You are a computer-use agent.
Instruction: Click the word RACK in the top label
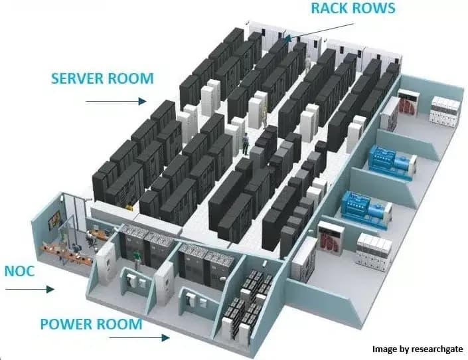pos(330,8)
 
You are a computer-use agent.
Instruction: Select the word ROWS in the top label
pos(374,8)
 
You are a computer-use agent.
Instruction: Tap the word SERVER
pos(78,78)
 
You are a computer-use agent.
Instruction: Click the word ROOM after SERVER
pos(131,78)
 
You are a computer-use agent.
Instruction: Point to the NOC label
pos(20,271)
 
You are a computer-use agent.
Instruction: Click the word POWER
pos(66,324)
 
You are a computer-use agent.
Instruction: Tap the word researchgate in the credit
pos(437,349)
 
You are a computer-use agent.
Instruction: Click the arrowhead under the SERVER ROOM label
pos(142,101)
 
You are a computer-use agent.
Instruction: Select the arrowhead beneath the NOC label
pos(50,289)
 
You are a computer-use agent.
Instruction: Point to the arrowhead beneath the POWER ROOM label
pos(166,338)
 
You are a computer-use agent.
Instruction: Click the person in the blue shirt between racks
pos(246,143)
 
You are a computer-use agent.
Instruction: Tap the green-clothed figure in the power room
pos(136,256)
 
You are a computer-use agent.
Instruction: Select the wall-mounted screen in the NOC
pos(54,219)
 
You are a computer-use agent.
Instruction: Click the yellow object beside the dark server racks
pos(129,206)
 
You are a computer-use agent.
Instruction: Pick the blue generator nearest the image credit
pos(366,209)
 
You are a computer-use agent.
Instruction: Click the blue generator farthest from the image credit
pos(392,162)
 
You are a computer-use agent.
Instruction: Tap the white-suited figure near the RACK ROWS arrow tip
pos(308,64)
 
